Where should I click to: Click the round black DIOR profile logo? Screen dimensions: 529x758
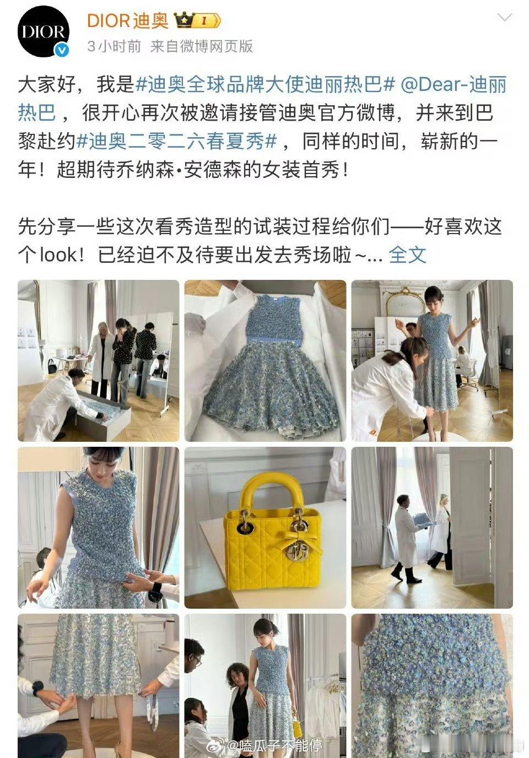44,31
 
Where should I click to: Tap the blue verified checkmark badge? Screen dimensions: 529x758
62,51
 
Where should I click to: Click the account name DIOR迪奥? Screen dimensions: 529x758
128,21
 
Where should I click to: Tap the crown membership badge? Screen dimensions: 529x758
197,20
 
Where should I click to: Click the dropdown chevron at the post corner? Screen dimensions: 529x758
504,18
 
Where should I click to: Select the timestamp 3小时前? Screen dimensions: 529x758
114,46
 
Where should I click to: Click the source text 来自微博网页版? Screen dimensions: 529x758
201,46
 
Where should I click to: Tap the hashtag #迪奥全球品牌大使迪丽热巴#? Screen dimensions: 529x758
265,84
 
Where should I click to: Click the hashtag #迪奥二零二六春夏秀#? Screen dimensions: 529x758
177,141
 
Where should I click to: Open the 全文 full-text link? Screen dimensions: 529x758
407,255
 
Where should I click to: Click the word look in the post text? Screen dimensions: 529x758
59,255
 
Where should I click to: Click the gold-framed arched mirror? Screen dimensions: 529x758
406,301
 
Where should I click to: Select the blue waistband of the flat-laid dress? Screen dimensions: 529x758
274,339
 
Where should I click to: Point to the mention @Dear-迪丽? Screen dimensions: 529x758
454,84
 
